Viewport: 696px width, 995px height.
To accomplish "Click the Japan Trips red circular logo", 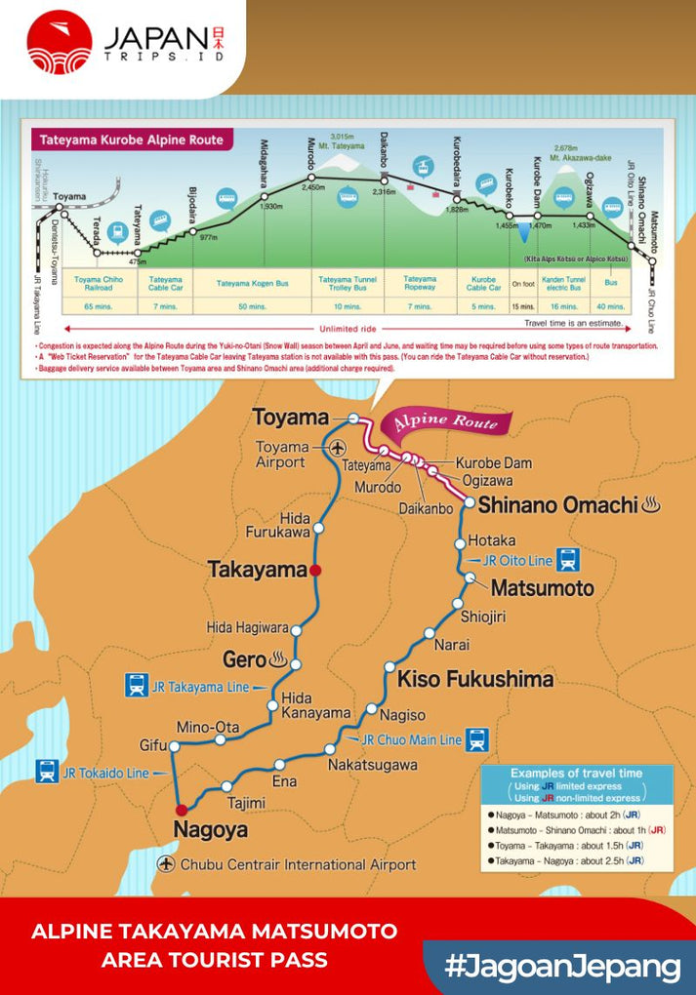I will (60, 42).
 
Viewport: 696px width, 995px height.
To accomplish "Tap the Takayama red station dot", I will (315, 570).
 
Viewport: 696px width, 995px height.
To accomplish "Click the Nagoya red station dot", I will (180, 809).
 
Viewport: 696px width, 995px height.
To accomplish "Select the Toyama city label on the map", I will (290, 418).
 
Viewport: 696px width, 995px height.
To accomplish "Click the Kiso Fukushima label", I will (475, 678).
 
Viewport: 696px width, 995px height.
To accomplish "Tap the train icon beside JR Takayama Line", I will (137, 685).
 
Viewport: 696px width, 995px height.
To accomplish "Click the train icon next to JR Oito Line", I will (568, 560).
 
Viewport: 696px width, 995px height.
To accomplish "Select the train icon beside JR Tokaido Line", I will (46, 772).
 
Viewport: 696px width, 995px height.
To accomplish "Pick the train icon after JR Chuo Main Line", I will (476, 739).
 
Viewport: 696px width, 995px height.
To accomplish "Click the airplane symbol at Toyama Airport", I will (338, 448).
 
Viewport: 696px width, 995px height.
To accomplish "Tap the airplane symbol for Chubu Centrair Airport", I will (166, 864).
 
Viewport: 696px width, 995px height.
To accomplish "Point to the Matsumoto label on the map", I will (542, 588).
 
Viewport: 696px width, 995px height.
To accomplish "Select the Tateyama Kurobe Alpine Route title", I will (132, 139).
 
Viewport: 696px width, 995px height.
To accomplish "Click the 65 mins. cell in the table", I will (98, 307).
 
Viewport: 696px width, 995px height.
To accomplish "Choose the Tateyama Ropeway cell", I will (420, 284).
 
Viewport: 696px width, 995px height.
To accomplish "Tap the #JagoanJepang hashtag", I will (561, 967).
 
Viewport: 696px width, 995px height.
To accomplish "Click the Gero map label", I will (244, 658).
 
